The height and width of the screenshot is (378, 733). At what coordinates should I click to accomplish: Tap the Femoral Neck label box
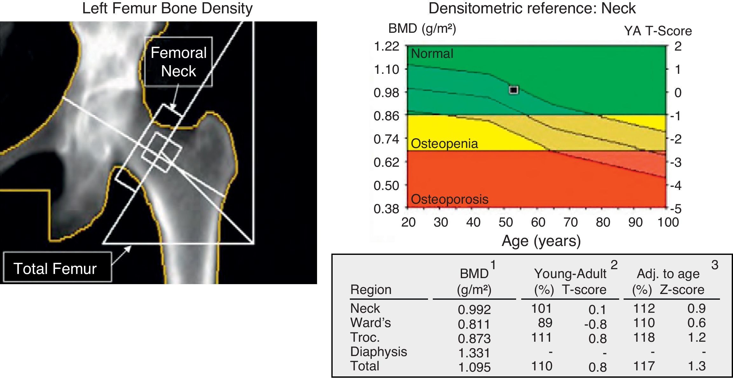point(178,62)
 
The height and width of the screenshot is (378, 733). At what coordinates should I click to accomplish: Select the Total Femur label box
point(57,268)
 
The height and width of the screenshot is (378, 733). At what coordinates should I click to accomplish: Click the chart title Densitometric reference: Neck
point(532,8)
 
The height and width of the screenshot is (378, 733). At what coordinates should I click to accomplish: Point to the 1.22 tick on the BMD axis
point(386,46)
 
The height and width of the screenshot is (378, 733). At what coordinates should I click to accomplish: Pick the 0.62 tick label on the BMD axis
point(386,162)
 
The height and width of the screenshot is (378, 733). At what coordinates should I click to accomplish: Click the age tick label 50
point(506,222)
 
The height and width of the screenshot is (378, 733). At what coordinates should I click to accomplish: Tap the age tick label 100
point(668,222)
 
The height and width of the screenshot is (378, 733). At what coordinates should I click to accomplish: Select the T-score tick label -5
point(676,209)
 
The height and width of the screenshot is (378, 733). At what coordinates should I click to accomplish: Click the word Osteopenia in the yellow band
point(444,143)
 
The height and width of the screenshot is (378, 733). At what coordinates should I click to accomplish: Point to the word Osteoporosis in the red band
point(449,199)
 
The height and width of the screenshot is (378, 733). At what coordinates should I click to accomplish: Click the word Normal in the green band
point(432,53)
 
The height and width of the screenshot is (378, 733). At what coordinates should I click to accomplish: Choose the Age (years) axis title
point(541,241)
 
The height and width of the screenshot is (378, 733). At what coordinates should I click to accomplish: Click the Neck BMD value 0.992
point(474,309)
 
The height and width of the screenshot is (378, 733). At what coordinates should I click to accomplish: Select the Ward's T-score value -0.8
point(595,324)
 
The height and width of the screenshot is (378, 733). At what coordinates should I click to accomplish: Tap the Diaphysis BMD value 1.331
point(474,353)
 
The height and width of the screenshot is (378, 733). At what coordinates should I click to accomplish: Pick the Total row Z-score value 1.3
point(696,366)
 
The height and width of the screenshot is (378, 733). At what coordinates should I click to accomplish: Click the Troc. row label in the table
point(365,337)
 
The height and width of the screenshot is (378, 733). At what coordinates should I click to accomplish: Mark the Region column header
point(370,290)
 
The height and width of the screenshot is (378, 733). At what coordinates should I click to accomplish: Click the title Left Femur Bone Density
point(167,8)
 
